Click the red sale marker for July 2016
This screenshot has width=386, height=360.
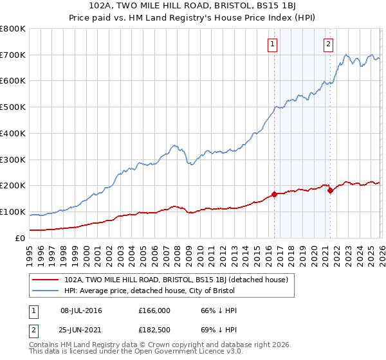click(274, 194)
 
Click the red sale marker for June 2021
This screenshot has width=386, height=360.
click(330, 190)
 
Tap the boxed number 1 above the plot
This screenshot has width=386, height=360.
click(273, 44)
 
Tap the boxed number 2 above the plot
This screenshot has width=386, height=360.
click(328, 44)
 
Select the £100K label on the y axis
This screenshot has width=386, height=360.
click(13, 212)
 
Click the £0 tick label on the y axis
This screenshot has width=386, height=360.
click(20, 238)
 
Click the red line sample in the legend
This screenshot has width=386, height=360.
click(45, 280)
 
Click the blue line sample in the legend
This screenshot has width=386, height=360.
click(45, 291)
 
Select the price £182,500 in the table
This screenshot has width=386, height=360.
click(154, 329)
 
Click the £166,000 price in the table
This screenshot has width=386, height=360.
click(154, 310)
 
